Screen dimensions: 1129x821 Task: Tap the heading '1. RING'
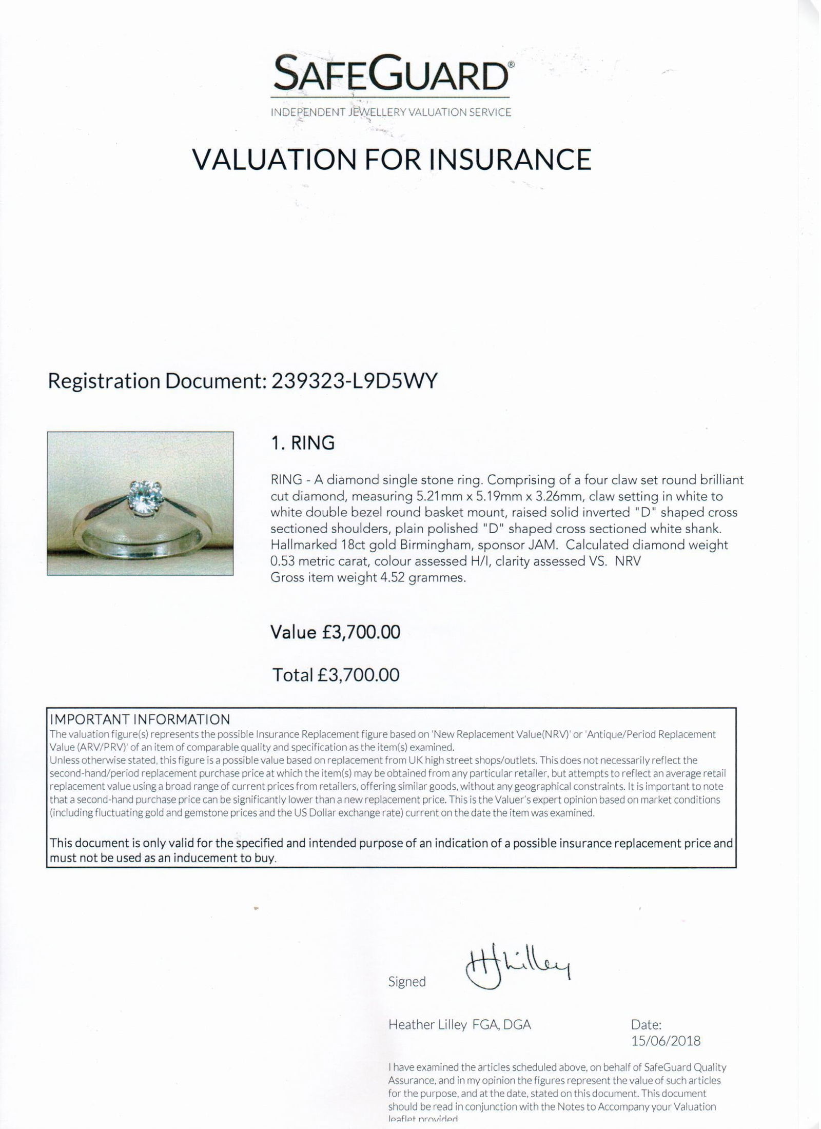303,442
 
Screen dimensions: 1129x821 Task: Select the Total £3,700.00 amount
358,674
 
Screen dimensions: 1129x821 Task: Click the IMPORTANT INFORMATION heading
139,719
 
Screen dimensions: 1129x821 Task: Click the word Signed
407,981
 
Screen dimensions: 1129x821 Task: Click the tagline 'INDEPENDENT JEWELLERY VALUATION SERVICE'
391,112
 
